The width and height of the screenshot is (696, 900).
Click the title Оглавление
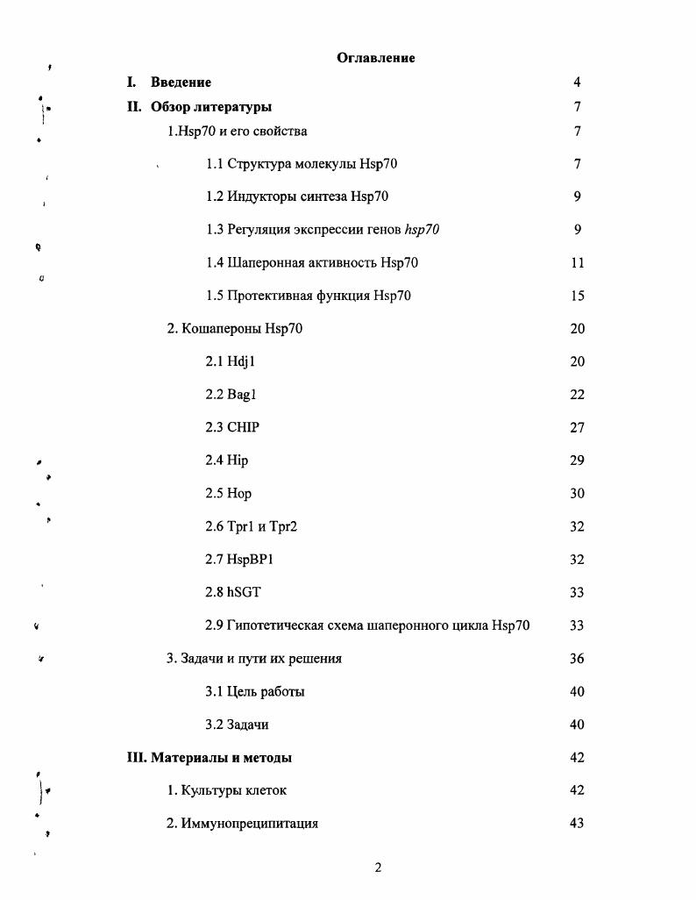375,58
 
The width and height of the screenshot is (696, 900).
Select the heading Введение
181,82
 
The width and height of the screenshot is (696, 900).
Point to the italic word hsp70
422,230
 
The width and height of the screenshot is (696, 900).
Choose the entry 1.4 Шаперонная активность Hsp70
311,263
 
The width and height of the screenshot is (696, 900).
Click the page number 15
577,296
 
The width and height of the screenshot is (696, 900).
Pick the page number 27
577,428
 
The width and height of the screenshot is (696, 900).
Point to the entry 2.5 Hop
228,494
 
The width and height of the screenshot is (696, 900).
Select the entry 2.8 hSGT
232,593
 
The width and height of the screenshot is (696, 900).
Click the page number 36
577,659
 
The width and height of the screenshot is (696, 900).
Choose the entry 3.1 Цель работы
255,692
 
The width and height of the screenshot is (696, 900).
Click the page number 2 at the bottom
378,868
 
